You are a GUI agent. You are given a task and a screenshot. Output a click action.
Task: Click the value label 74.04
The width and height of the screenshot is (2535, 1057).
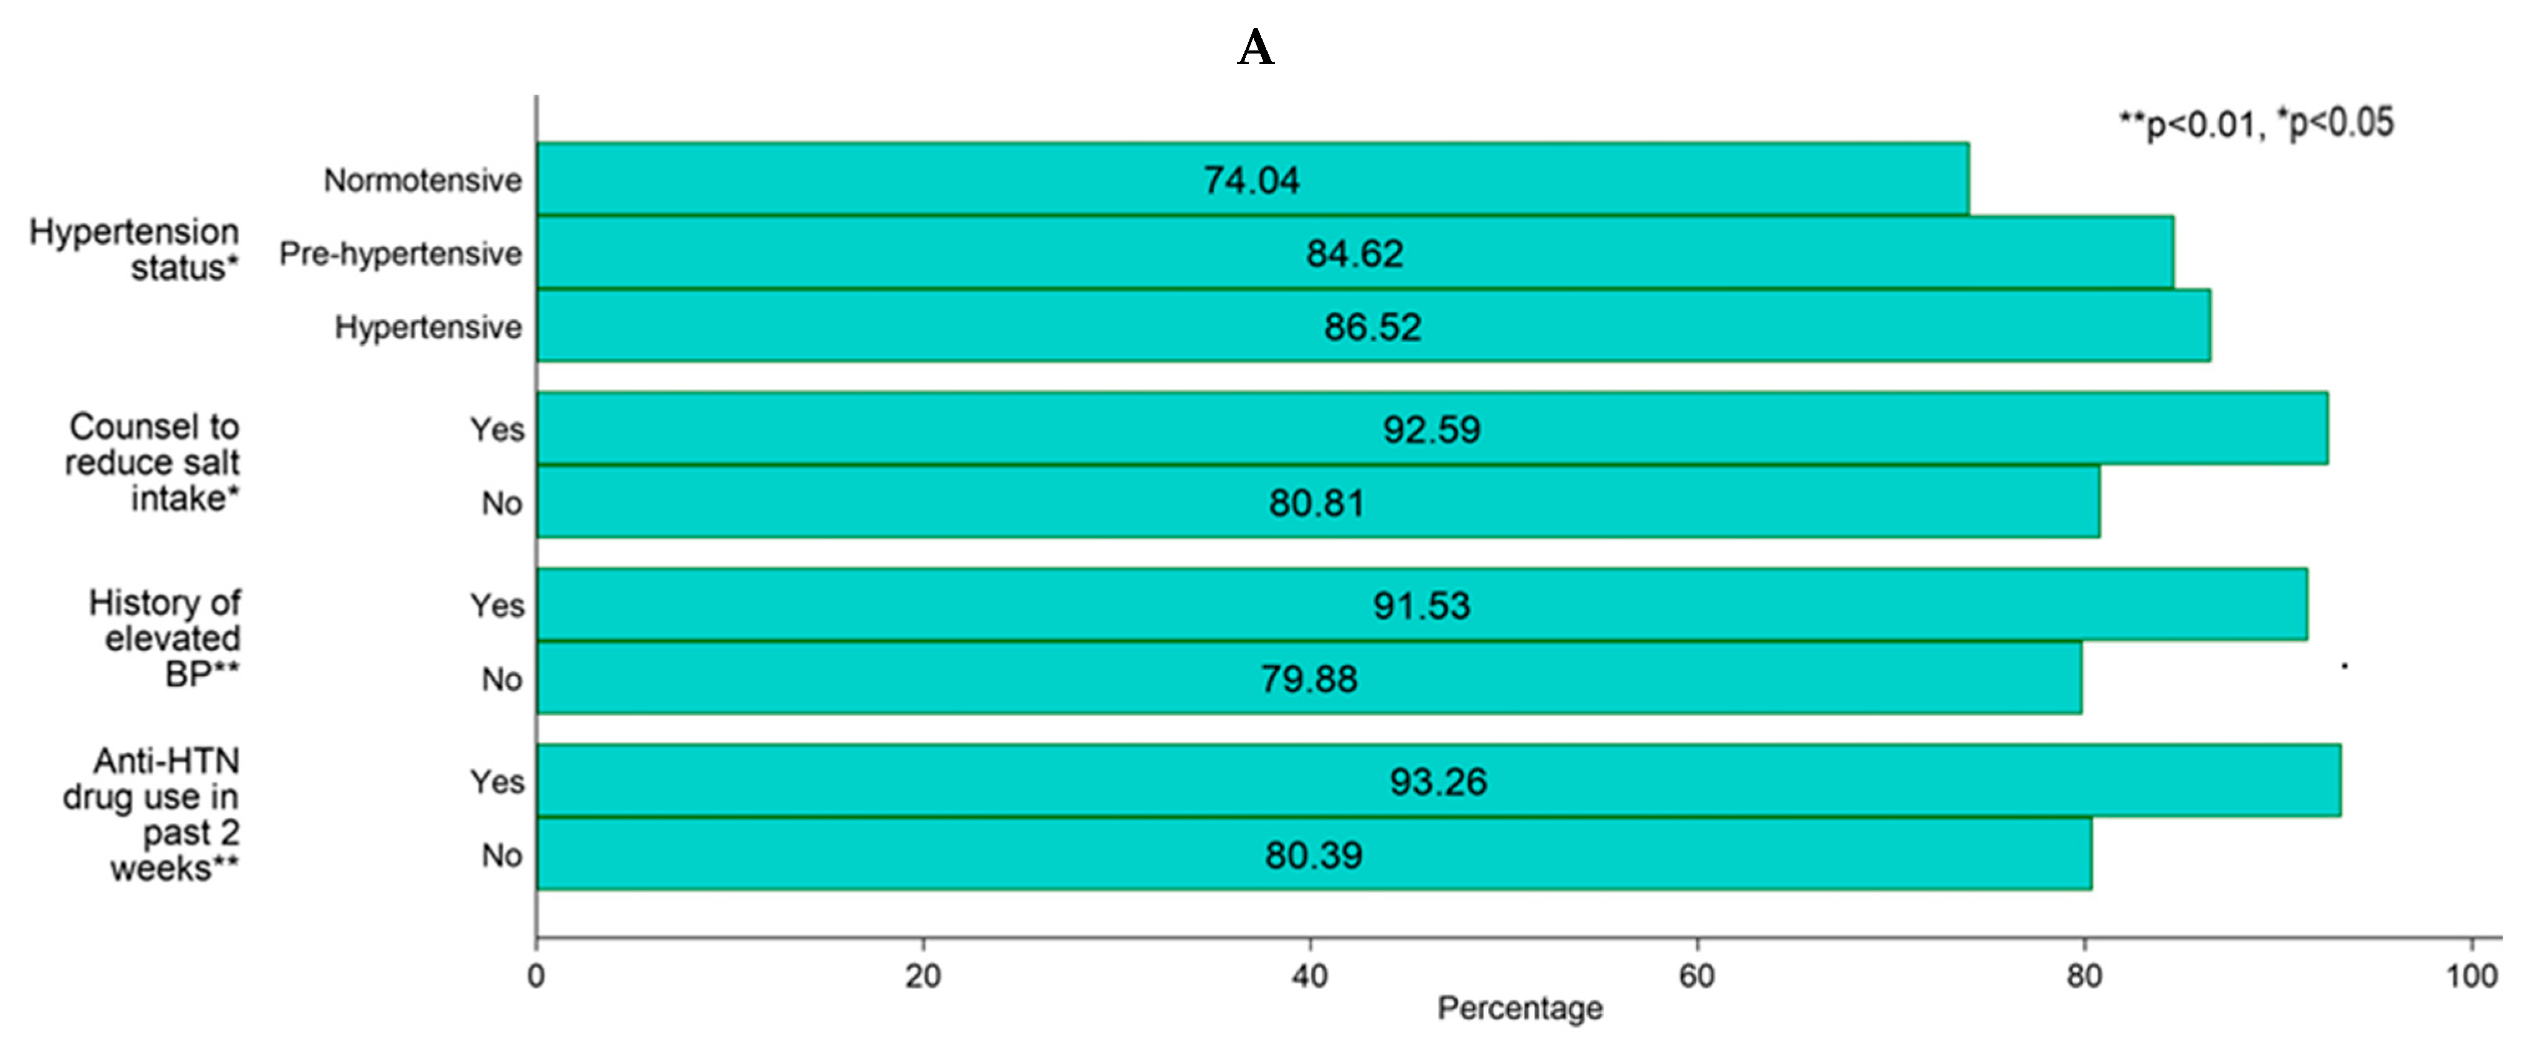[x=1251, y=180]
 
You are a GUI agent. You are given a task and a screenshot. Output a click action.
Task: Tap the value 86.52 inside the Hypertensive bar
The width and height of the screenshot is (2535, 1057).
[x=1372, y=327]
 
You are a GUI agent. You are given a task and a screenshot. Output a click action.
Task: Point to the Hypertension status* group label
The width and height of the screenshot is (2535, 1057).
[x=135, y=249]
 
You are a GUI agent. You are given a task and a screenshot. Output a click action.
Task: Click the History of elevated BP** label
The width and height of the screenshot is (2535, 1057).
[x=164, y=637]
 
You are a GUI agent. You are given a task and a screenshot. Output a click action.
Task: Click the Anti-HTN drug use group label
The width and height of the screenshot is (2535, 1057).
[x=151, y=814]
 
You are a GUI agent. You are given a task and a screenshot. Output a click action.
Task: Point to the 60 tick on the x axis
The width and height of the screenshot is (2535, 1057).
[x=1696, y=975]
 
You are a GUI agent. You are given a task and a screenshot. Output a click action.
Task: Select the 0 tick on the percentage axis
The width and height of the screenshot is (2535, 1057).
[x=537, y=975]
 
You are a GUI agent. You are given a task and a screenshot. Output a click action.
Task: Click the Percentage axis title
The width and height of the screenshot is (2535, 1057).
[x=1520, y=1008]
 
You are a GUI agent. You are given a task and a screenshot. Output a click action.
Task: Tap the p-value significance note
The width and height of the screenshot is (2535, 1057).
[x=2255, y=124]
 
